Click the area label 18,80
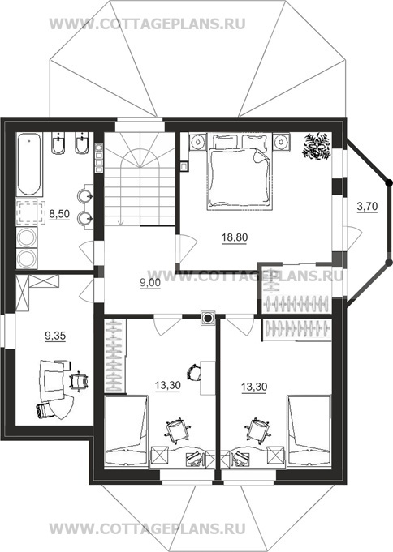(235, 238)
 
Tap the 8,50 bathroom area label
(59, 214)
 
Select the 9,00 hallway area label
(150, 283)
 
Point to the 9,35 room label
(55, 336)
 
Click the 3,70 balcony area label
(367, 207)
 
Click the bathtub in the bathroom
(28, 164)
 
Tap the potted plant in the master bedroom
(316, 147)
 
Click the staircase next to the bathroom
(140, 178)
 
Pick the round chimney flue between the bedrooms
(208, 319)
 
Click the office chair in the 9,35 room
(79, 381)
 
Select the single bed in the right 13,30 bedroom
(309, 430)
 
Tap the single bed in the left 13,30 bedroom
(127, 430)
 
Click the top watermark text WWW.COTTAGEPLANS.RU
(147, 24)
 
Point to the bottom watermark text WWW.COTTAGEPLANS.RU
(147, 528)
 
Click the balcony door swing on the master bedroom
(352, 238)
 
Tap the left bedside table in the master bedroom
(198, 142)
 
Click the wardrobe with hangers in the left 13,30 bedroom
(115, 355)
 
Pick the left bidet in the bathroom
(58, 143)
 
